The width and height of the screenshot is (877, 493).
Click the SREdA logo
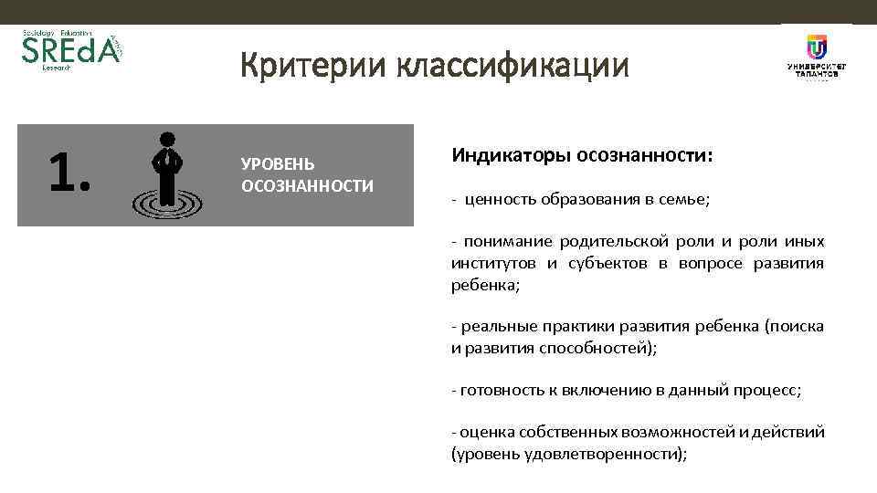[x=70, y=51]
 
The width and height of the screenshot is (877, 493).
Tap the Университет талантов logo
[x=816, y=57]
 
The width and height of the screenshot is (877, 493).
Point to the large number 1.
[x=69, y=173]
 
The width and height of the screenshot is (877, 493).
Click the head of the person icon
[x=167, y=140]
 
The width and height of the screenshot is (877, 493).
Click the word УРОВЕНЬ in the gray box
[x=278, y=164]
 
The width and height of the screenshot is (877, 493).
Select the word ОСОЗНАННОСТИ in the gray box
[x=307, y=186]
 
